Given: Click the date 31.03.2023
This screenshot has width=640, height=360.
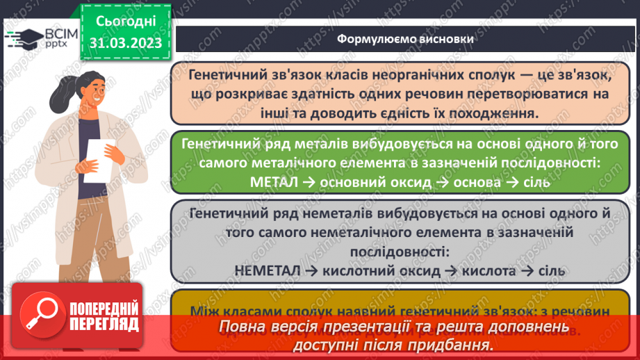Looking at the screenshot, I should (x=125, y=43).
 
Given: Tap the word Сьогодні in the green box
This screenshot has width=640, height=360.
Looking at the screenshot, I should (x=125, y=20).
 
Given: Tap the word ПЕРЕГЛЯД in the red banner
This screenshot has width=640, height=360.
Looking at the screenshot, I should (x=104, y=325).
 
